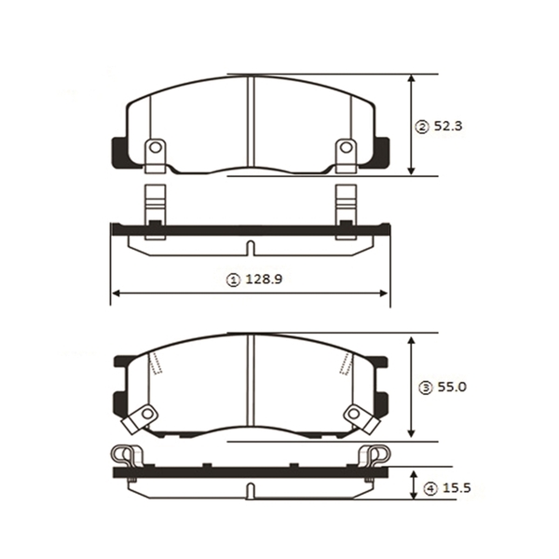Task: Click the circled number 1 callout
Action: click(x=233, y=279)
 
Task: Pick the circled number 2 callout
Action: click(x=422, y=127)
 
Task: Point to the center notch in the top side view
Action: click(x=250, y=248)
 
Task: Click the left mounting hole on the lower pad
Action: click(x=145, y=415)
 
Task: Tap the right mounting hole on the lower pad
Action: click(x=355, y=415)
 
